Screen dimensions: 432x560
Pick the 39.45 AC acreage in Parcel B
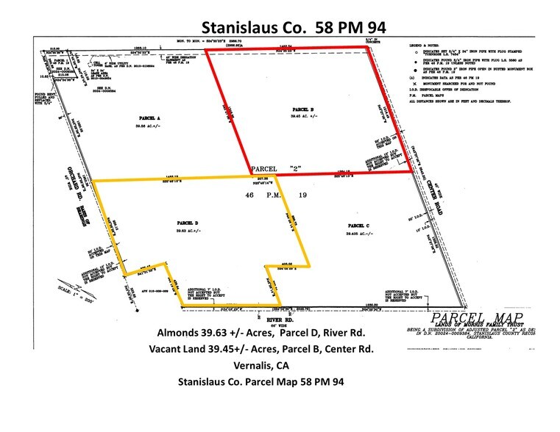pos(304,116)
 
